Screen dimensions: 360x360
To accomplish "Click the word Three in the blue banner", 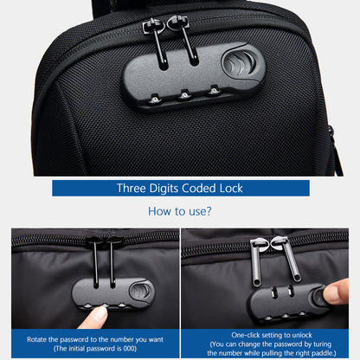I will click(133, 188).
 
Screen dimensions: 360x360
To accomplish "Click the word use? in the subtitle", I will click(198, 210).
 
